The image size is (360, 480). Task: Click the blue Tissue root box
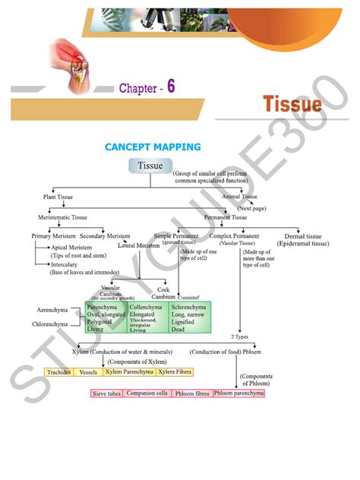(150, 166)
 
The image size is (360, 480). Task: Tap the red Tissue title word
(292, 104)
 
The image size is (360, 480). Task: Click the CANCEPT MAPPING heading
(153, 147)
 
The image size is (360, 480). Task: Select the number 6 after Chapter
(172, 87)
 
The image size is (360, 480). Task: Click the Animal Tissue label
(239, 197)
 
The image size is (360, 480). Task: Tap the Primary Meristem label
(51, 235)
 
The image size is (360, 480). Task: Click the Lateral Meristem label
(138, 245)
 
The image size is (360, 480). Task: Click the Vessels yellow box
(88, 373)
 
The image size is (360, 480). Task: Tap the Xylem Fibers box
(175, 373)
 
